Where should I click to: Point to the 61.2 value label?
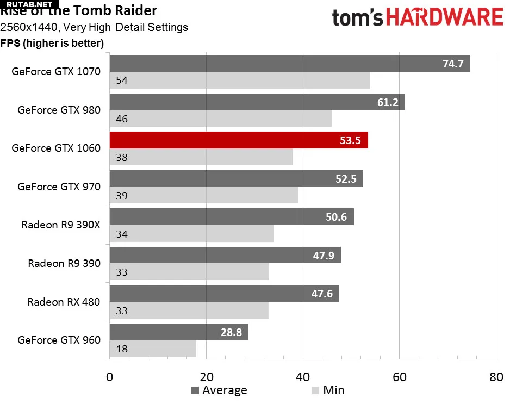(x=387, y=102)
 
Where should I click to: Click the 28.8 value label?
(x=231, y=332)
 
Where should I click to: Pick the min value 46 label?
(x=122, y=119)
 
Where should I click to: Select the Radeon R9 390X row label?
(x=61, y=224)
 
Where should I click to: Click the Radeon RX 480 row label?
(x=64, y=301)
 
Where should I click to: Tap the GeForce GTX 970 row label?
(x=59, y=186)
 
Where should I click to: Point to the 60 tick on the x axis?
(x=399, y=376)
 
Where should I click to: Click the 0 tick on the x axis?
(x=110, y=376)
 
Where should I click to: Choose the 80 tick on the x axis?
(x=495, y=376)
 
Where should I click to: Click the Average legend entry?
(x=219, y=390)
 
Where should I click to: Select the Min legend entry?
(x=328, y=390)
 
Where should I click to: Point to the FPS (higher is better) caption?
(x=52, y=43)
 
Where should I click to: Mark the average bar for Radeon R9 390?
(x=225, y=255)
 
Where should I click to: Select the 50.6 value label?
(x=335, y=217)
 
